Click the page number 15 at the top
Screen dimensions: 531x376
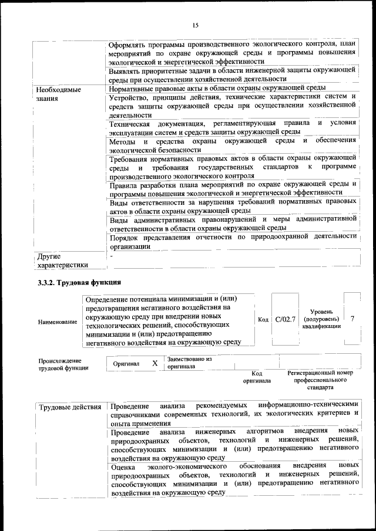196,25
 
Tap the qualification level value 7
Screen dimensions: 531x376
352,319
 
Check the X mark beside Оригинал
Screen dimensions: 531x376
155,363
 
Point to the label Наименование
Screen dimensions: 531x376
58,322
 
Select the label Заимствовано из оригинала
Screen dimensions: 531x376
189,363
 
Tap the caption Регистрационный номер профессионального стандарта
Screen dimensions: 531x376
320,380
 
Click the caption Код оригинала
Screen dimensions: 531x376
257,377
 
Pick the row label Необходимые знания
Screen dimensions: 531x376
59,94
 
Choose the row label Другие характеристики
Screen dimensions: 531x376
62,261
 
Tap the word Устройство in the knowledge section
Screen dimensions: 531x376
130,97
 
